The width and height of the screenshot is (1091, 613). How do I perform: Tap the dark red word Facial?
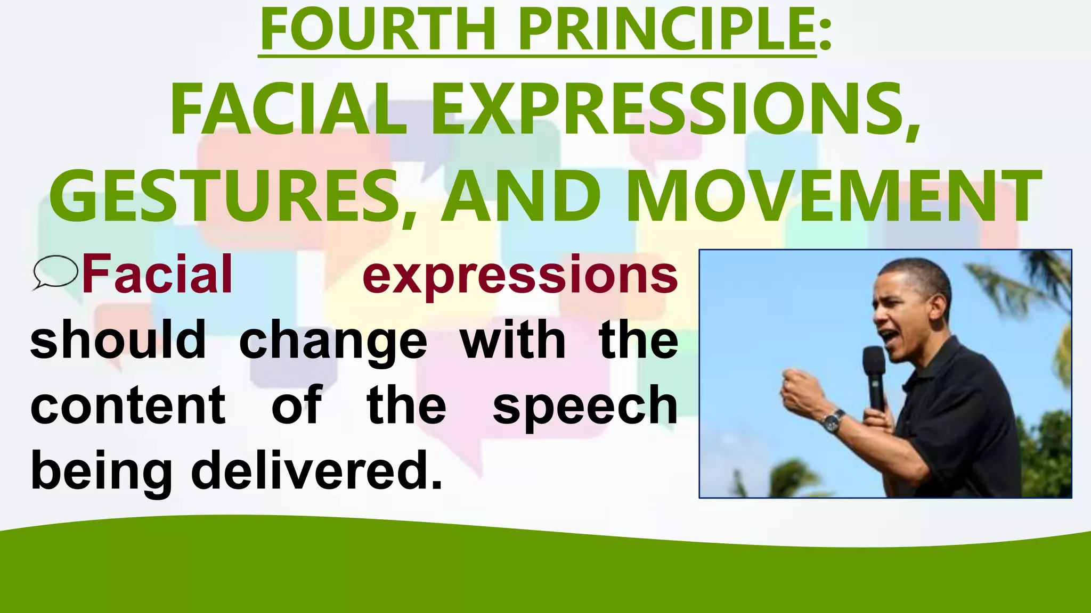(157, 275)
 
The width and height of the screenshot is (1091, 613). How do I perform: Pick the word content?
(128, 405)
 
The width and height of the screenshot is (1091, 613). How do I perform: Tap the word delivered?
(316, 469)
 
